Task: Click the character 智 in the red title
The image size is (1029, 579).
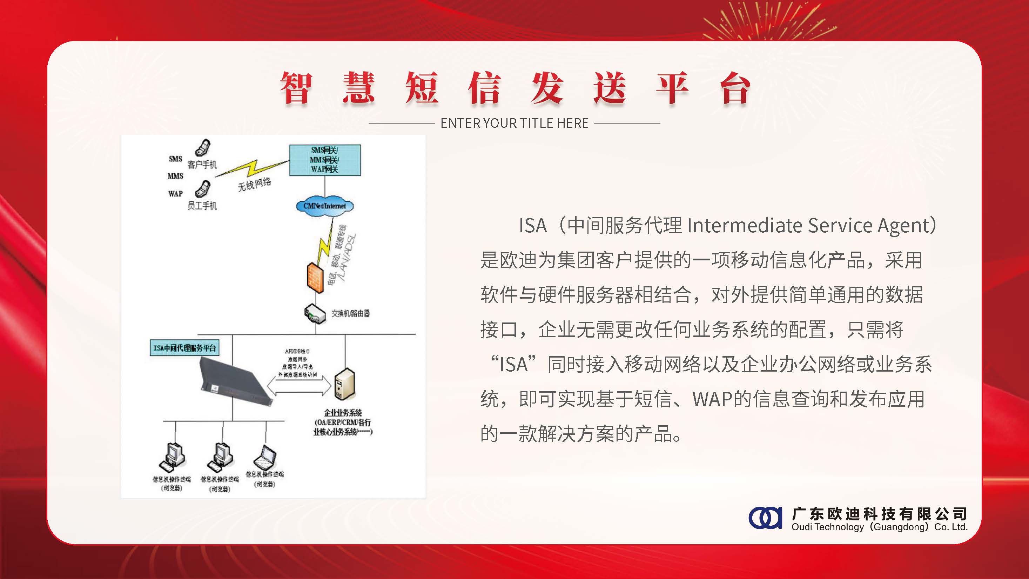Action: click(296, 88)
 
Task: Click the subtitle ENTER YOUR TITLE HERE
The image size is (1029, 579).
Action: click(514, 123)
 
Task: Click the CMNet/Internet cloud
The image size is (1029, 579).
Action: click(324, 206)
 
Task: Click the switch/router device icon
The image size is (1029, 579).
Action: click(316, 314)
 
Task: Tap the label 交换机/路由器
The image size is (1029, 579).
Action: click(350, 314)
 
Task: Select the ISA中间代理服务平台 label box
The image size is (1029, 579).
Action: click(184, 348)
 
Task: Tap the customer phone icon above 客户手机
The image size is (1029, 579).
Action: click(203, 147)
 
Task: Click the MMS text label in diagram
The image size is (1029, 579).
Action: click(175, 176)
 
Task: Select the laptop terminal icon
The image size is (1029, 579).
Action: click(265, 458)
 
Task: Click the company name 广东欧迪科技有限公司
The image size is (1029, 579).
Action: click(880, 513)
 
